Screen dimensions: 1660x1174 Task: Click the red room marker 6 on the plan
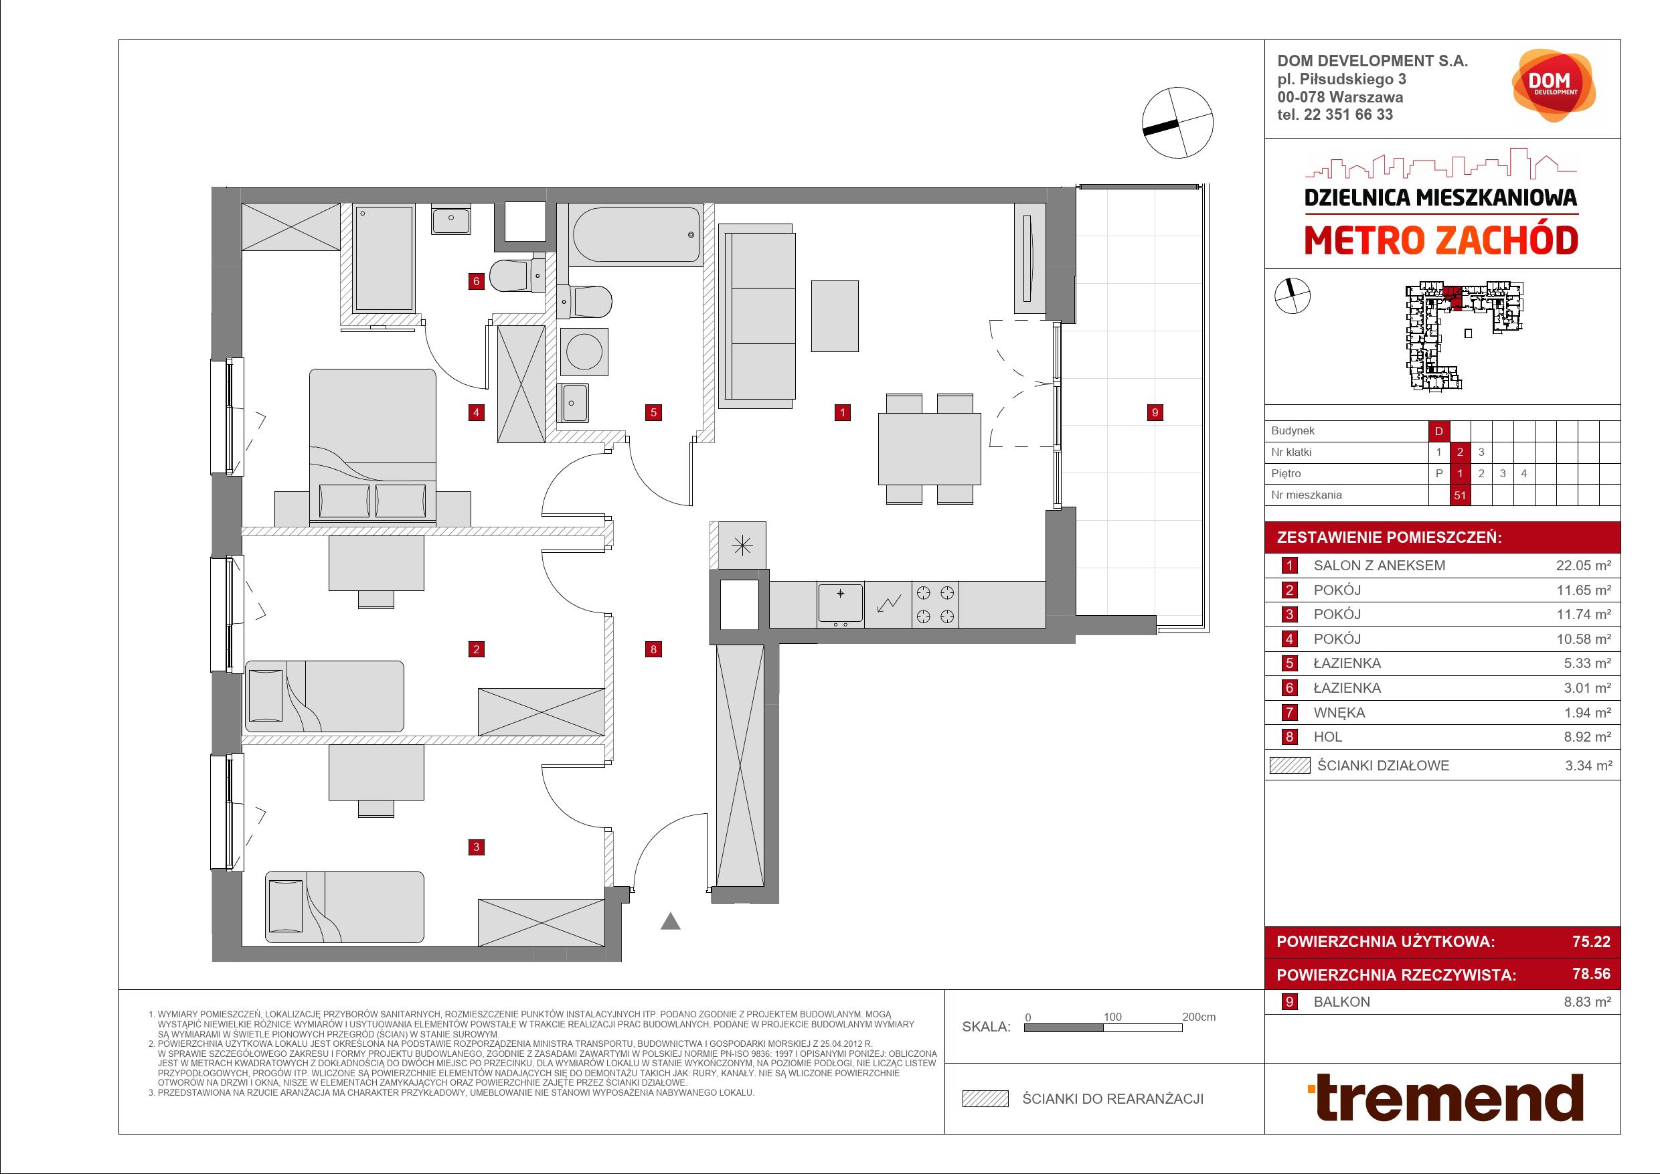click(476, 281)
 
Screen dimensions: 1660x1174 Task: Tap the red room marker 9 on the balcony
click(1155, 413)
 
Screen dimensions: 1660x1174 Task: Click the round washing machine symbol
click(584, 351)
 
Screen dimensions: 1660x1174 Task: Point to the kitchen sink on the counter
click(840, 604)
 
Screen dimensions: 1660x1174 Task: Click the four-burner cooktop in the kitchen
click(936, 604)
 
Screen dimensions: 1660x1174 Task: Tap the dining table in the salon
click(930, 448)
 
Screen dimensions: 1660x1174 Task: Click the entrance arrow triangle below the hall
click(670, 921)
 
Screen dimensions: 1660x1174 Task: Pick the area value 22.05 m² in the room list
click(1584, 566)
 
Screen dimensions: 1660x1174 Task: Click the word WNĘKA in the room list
click(1339, 713)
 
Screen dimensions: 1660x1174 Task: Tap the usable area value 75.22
click(1591, 941)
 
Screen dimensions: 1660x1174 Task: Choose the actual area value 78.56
click(1591, 974)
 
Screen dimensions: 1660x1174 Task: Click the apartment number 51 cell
click(1460, 495)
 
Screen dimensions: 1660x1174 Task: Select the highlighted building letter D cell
click(1438, 431)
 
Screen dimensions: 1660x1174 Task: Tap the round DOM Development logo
click(1553, 85)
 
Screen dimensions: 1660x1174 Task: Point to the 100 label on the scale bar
click(1112, 1017)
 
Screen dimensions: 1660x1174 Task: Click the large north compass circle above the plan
click(1177, 123)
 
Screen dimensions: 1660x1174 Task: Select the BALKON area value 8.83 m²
click(1588, 1002)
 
